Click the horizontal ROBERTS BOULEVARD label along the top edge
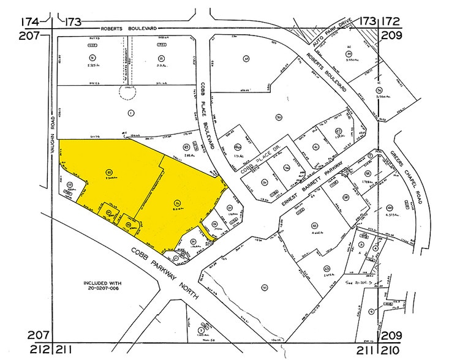click(x=129, y=29)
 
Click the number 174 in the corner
click(x=31, y=22)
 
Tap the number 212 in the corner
click(x=31, y=351)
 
